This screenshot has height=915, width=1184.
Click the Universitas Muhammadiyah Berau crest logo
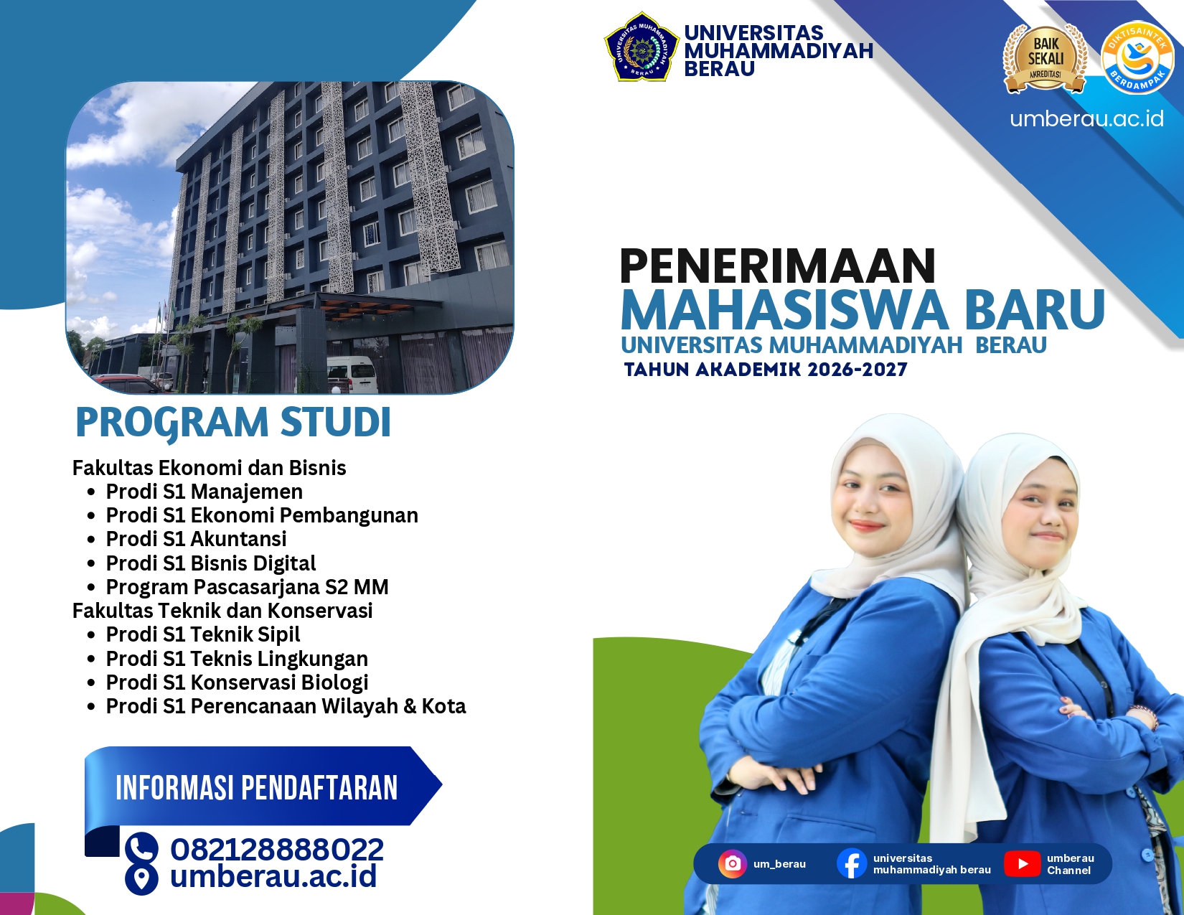click(x=642, y=47)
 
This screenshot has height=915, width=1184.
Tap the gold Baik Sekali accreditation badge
click(x=1045, y=58)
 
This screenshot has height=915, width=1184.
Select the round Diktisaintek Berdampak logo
click(x=1137, y=57)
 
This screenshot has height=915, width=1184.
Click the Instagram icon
click(x=733, y=864)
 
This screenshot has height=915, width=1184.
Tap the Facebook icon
click(x=852, y=864)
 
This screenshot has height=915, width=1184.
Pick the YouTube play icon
click(x=1022, y=864)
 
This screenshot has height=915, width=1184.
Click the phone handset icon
click(x=141, y=848)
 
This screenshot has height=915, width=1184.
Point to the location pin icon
click(x=141, y=878)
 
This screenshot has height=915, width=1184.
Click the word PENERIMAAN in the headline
click(x=778, y=266)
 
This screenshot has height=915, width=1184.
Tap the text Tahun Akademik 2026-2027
click(x=766, y=370)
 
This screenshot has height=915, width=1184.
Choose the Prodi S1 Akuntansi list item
click(x=196, y=538)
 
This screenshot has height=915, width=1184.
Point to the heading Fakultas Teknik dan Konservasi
click(x=222, y=611)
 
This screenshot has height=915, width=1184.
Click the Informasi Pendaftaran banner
click(x=263, y=787)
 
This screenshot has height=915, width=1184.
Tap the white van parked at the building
click(x=352, y=374)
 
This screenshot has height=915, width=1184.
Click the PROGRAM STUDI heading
click(x=233, y=423)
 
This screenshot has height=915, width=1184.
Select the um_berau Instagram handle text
click(x=779, y=864)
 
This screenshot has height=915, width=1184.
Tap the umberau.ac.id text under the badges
click(x=1086, y=119)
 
